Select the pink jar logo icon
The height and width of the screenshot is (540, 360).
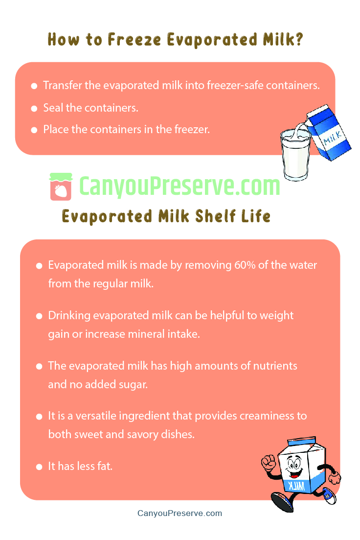[x=61, y=187]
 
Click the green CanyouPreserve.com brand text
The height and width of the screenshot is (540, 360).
[x=180, y=187]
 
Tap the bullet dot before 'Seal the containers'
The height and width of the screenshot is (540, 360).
[x=34, y=108]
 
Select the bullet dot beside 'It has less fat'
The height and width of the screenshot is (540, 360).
[x=39, y=467]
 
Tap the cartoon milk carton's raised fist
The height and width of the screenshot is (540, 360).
[x=268, y=463]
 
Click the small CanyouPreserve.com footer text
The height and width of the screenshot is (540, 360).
[x=180, y=514]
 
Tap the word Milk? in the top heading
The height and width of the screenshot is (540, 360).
[x=283, y=40]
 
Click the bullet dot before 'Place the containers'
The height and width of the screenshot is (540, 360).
[x=34, y=130]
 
